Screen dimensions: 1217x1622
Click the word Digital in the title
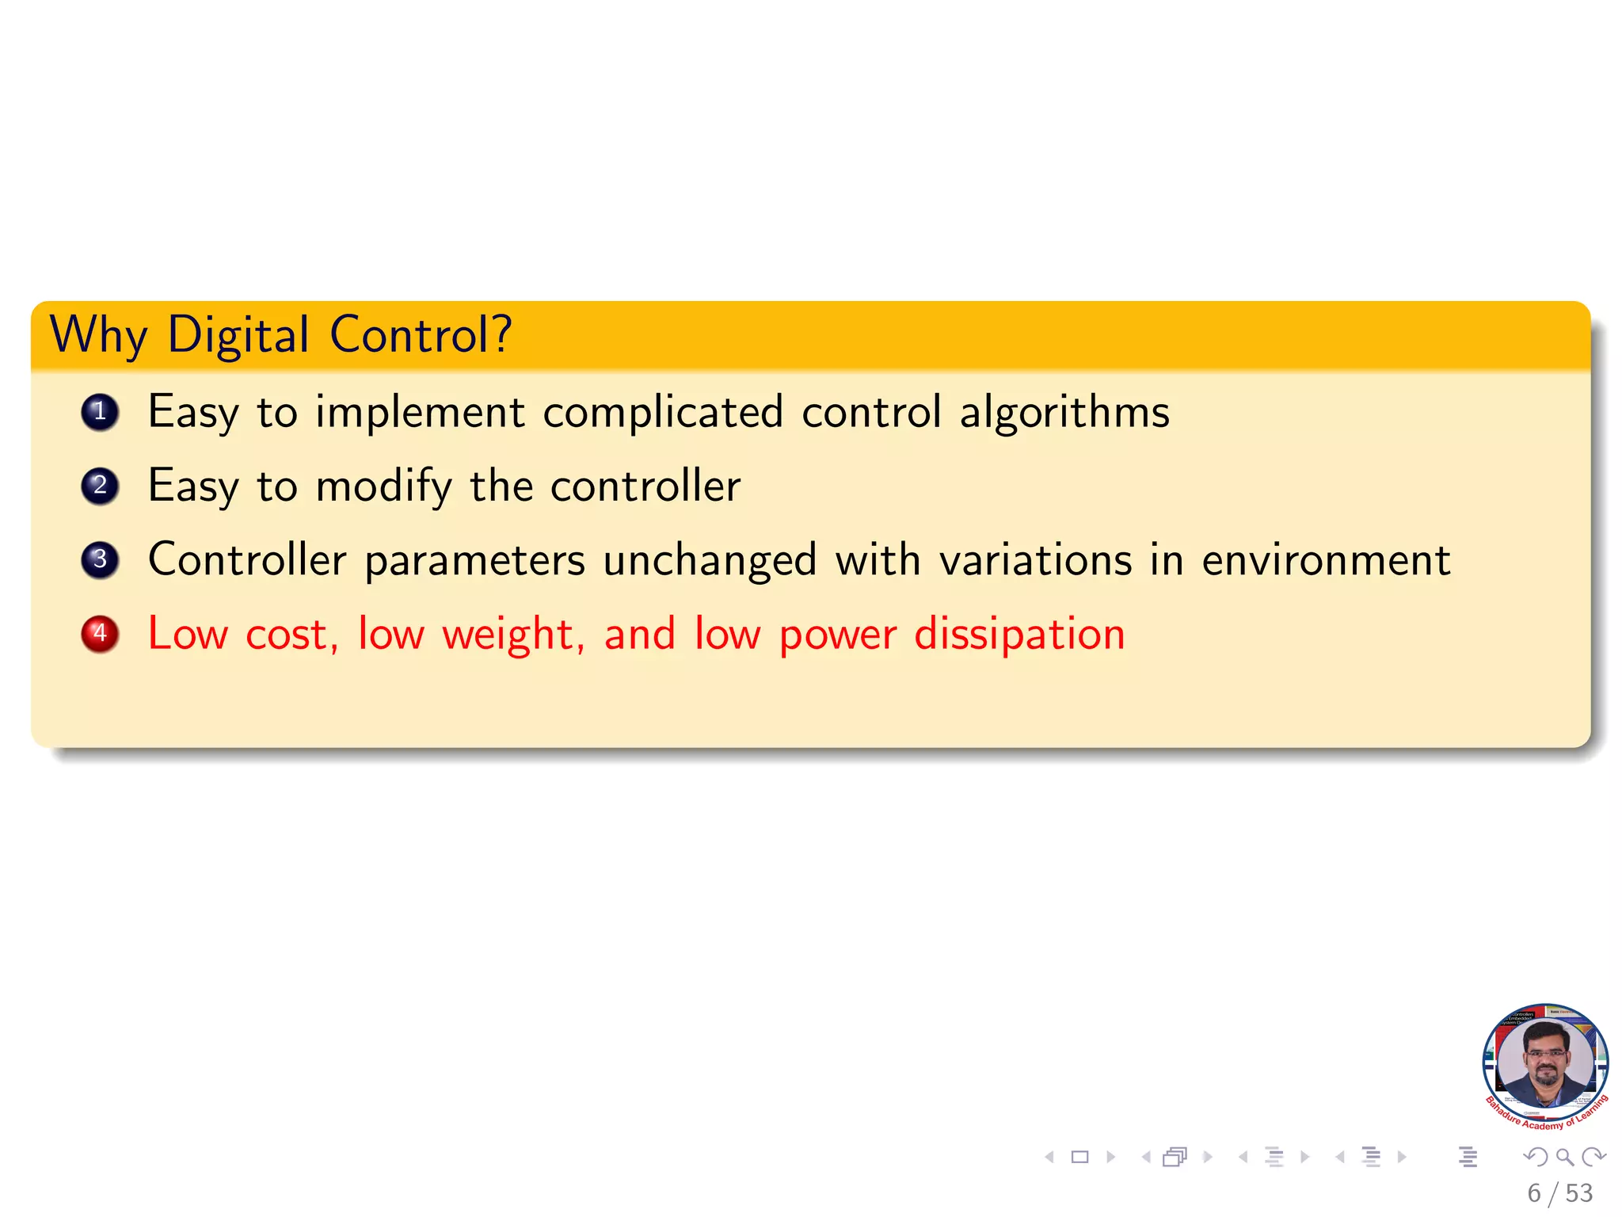tap(238, 336)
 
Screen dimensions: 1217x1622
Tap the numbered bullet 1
tap(100, 412)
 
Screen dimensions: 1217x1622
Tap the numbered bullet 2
tap(100, 486)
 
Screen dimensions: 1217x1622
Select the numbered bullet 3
tap(100, 560)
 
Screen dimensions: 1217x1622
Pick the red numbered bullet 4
tap(100, 634)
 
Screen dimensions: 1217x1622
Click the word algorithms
tap(1064, 413)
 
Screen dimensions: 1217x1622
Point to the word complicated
tap(662, 413)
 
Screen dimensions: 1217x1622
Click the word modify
tap(383, 486)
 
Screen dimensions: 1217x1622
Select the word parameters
tap(474, 561)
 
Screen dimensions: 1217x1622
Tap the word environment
tap(1326, 561)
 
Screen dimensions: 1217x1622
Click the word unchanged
tap(710, 561)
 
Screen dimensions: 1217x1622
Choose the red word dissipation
tap(1019, 635)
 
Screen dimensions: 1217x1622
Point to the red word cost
tap(291, 635)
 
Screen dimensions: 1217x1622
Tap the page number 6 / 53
tap(1559, 1193)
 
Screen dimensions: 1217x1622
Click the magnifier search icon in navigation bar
tap(1564, 1158)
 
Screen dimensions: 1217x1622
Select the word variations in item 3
tap(1035, 561)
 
